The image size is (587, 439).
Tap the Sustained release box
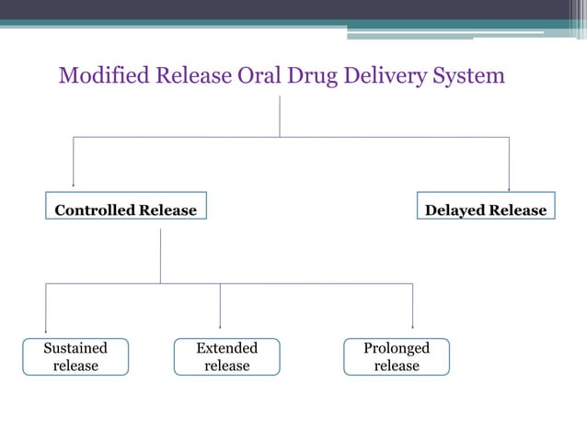coord(75,356)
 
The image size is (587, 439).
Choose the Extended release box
coord(226,356)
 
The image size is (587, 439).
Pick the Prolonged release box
coord(397,356)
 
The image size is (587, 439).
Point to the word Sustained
coord(75,348)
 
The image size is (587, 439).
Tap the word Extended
coord(226,348)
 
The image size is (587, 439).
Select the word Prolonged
coord(397,348)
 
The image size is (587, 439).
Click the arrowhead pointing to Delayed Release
coord(509,187)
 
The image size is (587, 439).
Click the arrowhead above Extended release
coord(220,325)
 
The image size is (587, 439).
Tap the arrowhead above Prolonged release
coord(412,325)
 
